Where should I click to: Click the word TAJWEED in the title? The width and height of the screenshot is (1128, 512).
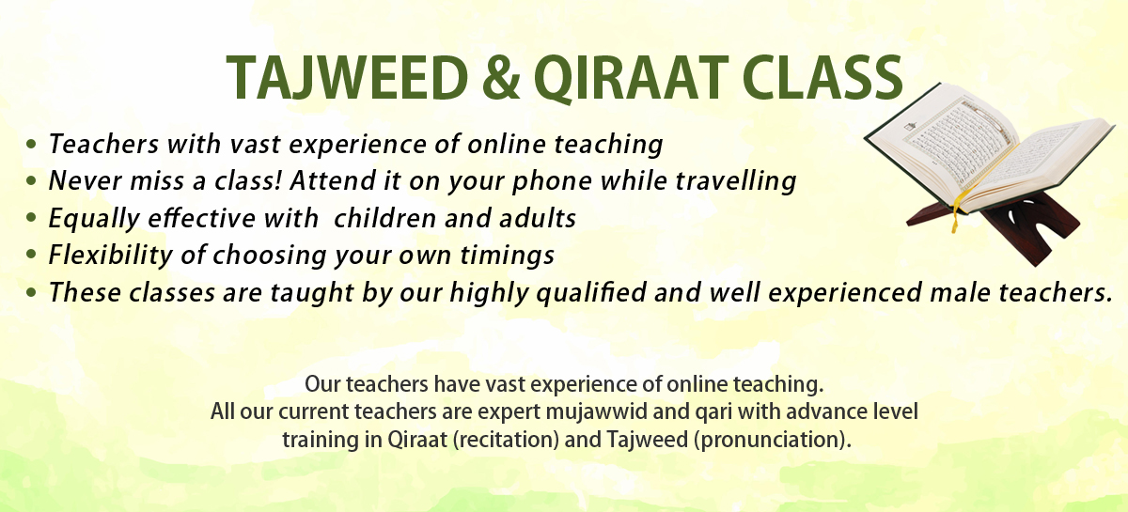(348, 78)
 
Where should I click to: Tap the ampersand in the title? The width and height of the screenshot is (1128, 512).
(501, 78)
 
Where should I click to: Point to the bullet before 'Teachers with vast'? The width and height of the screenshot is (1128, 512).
(31, 144)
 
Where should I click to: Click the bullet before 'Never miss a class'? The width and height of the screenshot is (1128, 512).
(31, 180)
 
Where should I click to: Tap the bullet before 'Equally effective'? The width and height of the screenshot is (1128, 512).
(31, 218)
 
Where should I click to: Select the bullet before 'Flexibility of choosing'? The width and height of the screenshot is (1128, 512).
(31, 255)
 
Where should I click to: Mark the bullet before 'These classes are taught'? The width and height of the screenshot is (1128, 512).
(31, 292)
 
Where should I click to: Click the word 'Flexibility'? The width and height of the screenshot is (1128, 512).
(111, 256)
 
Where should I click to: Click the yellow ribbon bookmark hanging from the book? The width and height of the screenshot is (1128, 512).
(956, 210)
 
